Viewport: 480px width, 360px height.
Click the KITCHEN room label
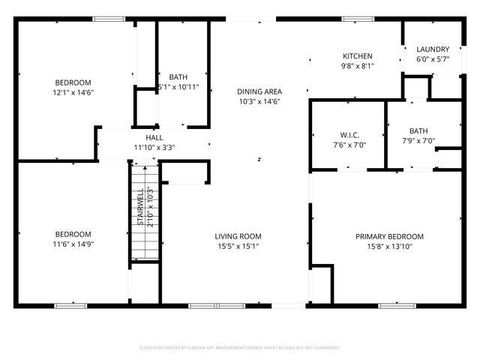click(x=358, y=56)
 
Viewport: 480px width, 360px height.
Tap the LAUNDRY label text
click(x=433, y=49)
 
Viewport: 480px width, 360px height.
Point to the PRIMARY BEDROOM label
click(x=390, y=236)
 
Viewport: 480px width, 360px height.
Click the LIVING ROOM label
click(x=238, y=236)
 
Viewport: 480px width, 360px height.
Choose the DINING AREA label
click(x=259, y=91)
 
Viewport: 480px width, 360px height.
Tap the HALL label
click(x=154, y=138)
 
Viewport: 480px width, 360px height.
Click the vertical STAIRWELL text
click(x=142, y=207)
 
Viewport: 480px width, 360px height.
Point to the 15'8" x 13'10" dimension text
click(x=390, y=247)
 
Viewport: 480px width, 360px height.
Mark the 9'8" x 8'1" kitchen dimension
click(x=358, y=67)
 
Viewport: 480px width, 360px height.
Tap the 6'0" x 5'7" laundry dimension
click(x=433, y=59)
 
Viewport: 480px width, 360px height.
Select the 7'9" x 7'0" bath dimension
click(x=418, y=140)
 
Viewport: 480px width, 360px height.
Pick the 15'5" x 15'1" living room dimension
click(x=238, y=247)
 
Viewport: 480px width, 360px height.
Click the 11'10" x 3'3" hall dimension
click(x=154, y=148)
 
